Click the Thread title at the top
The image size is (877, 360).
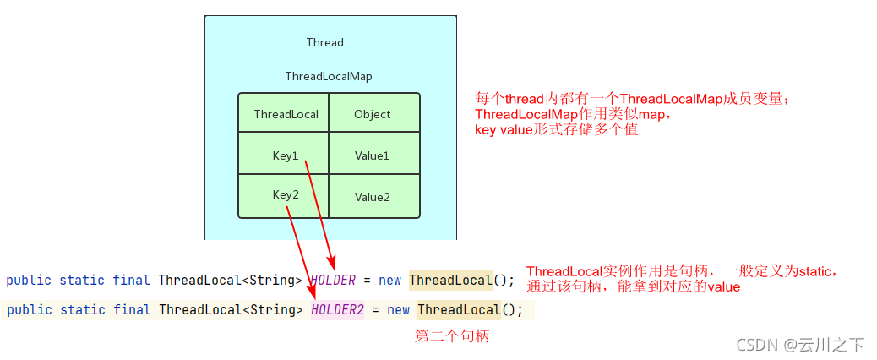(x=324, y=42)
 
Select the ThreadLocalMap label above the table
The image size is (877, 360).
(x=328, y=76)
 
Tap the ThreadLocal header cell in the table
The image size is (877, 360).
(x=286, y=114)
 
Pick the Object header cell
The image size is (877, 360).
(x=372, y=114)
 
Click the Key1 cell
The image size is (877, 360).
(x=286, y=155)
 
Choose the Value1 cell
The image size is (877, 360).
(x=372, y=155)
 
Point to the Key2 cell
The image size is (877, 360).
(x=286, y=194)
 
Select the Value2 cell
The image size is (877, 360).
(x=372, y=197)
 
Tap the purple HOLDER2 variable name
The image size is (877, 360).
(x=337, y=310)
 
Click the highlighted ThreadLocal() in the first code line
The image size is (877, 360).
(x=449, y=281)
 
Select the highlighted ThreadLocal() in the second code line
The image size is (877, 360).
(x=458, y=310)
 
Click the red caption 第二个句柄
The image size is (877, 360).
(x=452, y=336)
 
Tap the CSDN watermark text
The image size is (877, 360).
(x=800, y=345)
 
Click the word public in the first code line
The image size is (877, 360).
(x=29, y=281)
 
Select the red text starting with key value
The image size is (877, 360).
(x=556, y=129)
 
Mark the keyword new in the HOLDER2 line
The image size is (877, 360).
(x=398, y=310)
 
